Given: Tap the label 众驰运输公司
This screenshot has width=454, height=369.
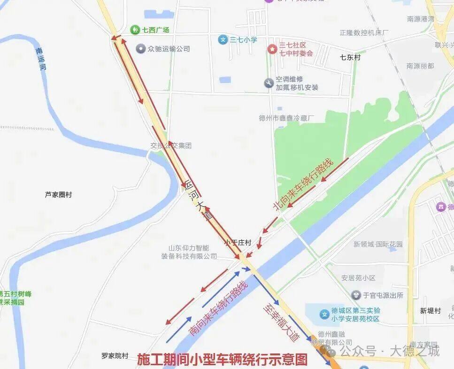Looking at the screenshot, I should tap(169, 49).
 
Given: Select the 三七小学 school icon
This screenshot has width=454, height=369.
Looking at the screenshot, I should tap(223, 40).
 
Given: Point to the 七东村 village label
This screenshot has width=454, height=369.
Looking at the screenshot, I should tap(350, 57).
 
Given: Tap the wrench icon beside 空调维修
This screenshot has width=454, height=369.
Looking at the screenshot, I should tap(269, 83).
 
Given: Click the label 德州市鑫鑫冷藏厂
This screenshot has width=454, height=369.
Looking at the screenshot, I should tap(286, 118).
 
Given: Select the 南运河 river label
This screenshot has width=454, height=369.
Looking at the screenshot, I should tap(42, 59).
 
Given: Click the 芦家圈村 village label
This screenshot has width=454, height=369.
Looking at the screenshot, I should tap(59, 194).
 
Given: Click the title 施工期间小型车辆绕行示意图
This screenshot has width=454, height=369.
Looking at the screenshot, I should tap(222, 360).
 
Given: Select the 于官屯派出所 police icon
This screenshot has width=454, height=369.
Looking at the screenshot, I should tap(356, 295).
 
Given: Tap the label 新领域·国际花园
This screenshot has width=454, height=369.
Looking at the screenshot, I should tap(378, 244).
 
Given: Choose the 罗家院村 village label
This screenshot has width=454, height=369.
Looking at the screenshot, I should tap(115, 355).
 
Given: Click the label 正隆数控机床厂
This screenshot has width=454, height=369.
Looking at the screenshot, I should tap(365, 33).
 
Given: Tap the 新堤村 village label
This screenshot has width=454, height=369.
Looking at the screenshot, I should tap(431, 311).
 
